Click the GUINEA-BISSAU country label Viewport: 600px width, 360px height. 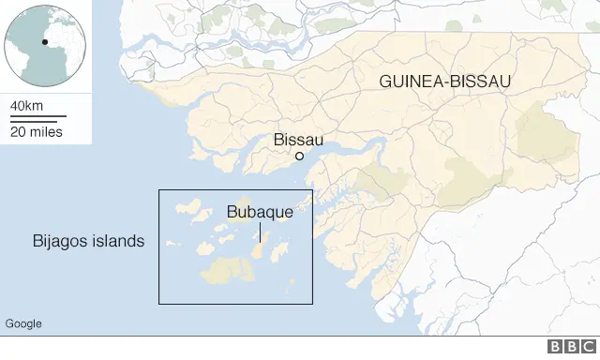(x=445, y=82)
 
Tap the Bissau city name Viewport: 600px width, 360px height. (x=298, y=140)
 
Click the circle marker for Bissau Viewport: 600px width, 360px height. (x=299, y=157)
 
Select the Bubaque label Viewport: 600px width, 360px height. (x=260, y=213)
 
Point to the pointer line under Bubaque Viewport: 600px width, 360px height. (x=260, y=232)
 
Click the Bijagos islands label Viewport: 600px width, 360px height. (x=84, y=241)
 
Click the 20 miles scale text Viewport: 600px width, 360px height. (x=37, y=131)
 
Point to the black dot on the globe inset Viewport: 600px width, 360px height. (x=44, y=41)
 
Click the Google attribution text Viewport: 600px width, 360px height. (x=23, y=323)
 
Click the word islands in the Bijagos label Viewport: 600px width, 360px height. (x=117, y=241)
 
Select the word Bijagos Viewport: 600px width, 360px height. (x=55, y=241)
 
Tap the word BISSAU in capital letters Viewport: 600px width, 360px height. (x=479, y=82)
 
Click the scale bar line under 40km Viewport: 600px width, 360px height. (x=38, y=117)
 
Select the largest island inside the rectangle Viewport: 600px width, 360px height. (x=228, y=270)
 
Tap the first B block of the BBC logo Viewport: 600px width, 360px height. (x=554, y=348)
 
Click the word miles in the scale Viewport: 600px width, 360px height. (x=46, y=131)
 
